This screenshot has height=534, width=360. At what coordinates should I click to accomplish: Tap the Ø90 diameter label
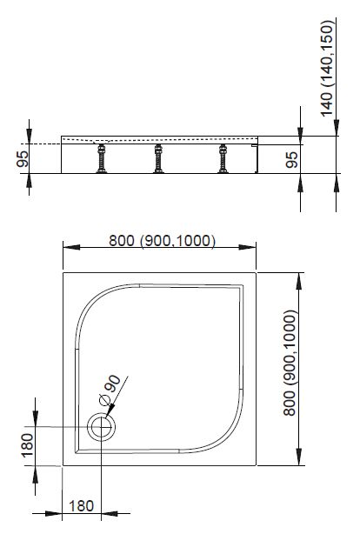(x=110, y=390)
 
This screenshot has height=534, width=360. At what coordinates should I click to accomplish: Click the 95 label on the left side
(x=23, y=158)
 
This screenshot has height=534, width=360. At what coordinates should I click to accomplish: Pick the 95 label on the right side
(x=291, y=159)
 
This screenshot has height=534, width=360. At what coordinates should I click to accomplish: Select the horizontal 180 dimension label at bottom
(x=81, y=505)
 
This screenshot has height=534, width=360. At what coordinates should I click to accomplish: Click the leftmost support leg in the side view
(x=101, y=158)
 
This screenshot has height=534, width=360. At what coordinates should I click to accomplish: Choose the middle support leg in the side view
(x=158, y=158)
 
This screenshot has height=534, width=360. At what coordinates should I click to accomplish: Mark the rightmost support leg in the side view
(x=223, y=158)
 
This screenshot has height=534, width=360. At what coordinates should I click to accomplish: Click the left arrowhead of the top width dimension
(x=71, y=247)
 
